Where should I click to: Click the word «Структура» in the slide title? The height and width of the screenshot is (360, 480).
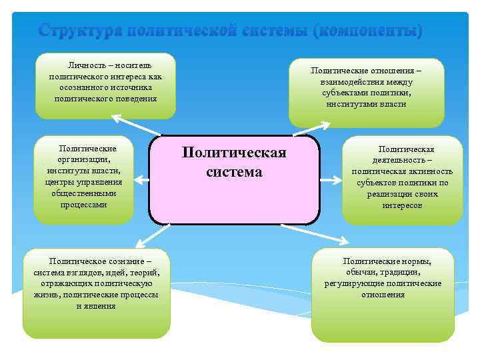pos(79,31)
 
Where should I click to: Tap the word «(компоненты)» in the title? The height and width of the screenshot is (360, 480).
pos(368,31)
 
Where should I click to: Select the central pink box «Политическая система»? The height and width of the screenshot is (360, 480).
pos(234,179)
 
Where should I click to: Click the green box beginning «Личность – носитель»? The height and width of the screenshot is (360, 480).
pos(105,86)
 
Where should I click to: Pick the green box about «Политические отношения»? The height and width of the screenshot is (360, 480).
pos(366,91)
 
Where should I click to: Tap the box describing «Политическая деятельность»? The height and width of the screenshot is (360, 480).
pos(402,179)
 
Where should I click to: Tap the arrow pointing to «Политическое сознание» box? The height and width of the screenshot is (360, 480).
pos(149,237)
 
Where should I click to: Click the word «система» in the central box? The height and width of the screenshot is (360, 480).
pos(234,172)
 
